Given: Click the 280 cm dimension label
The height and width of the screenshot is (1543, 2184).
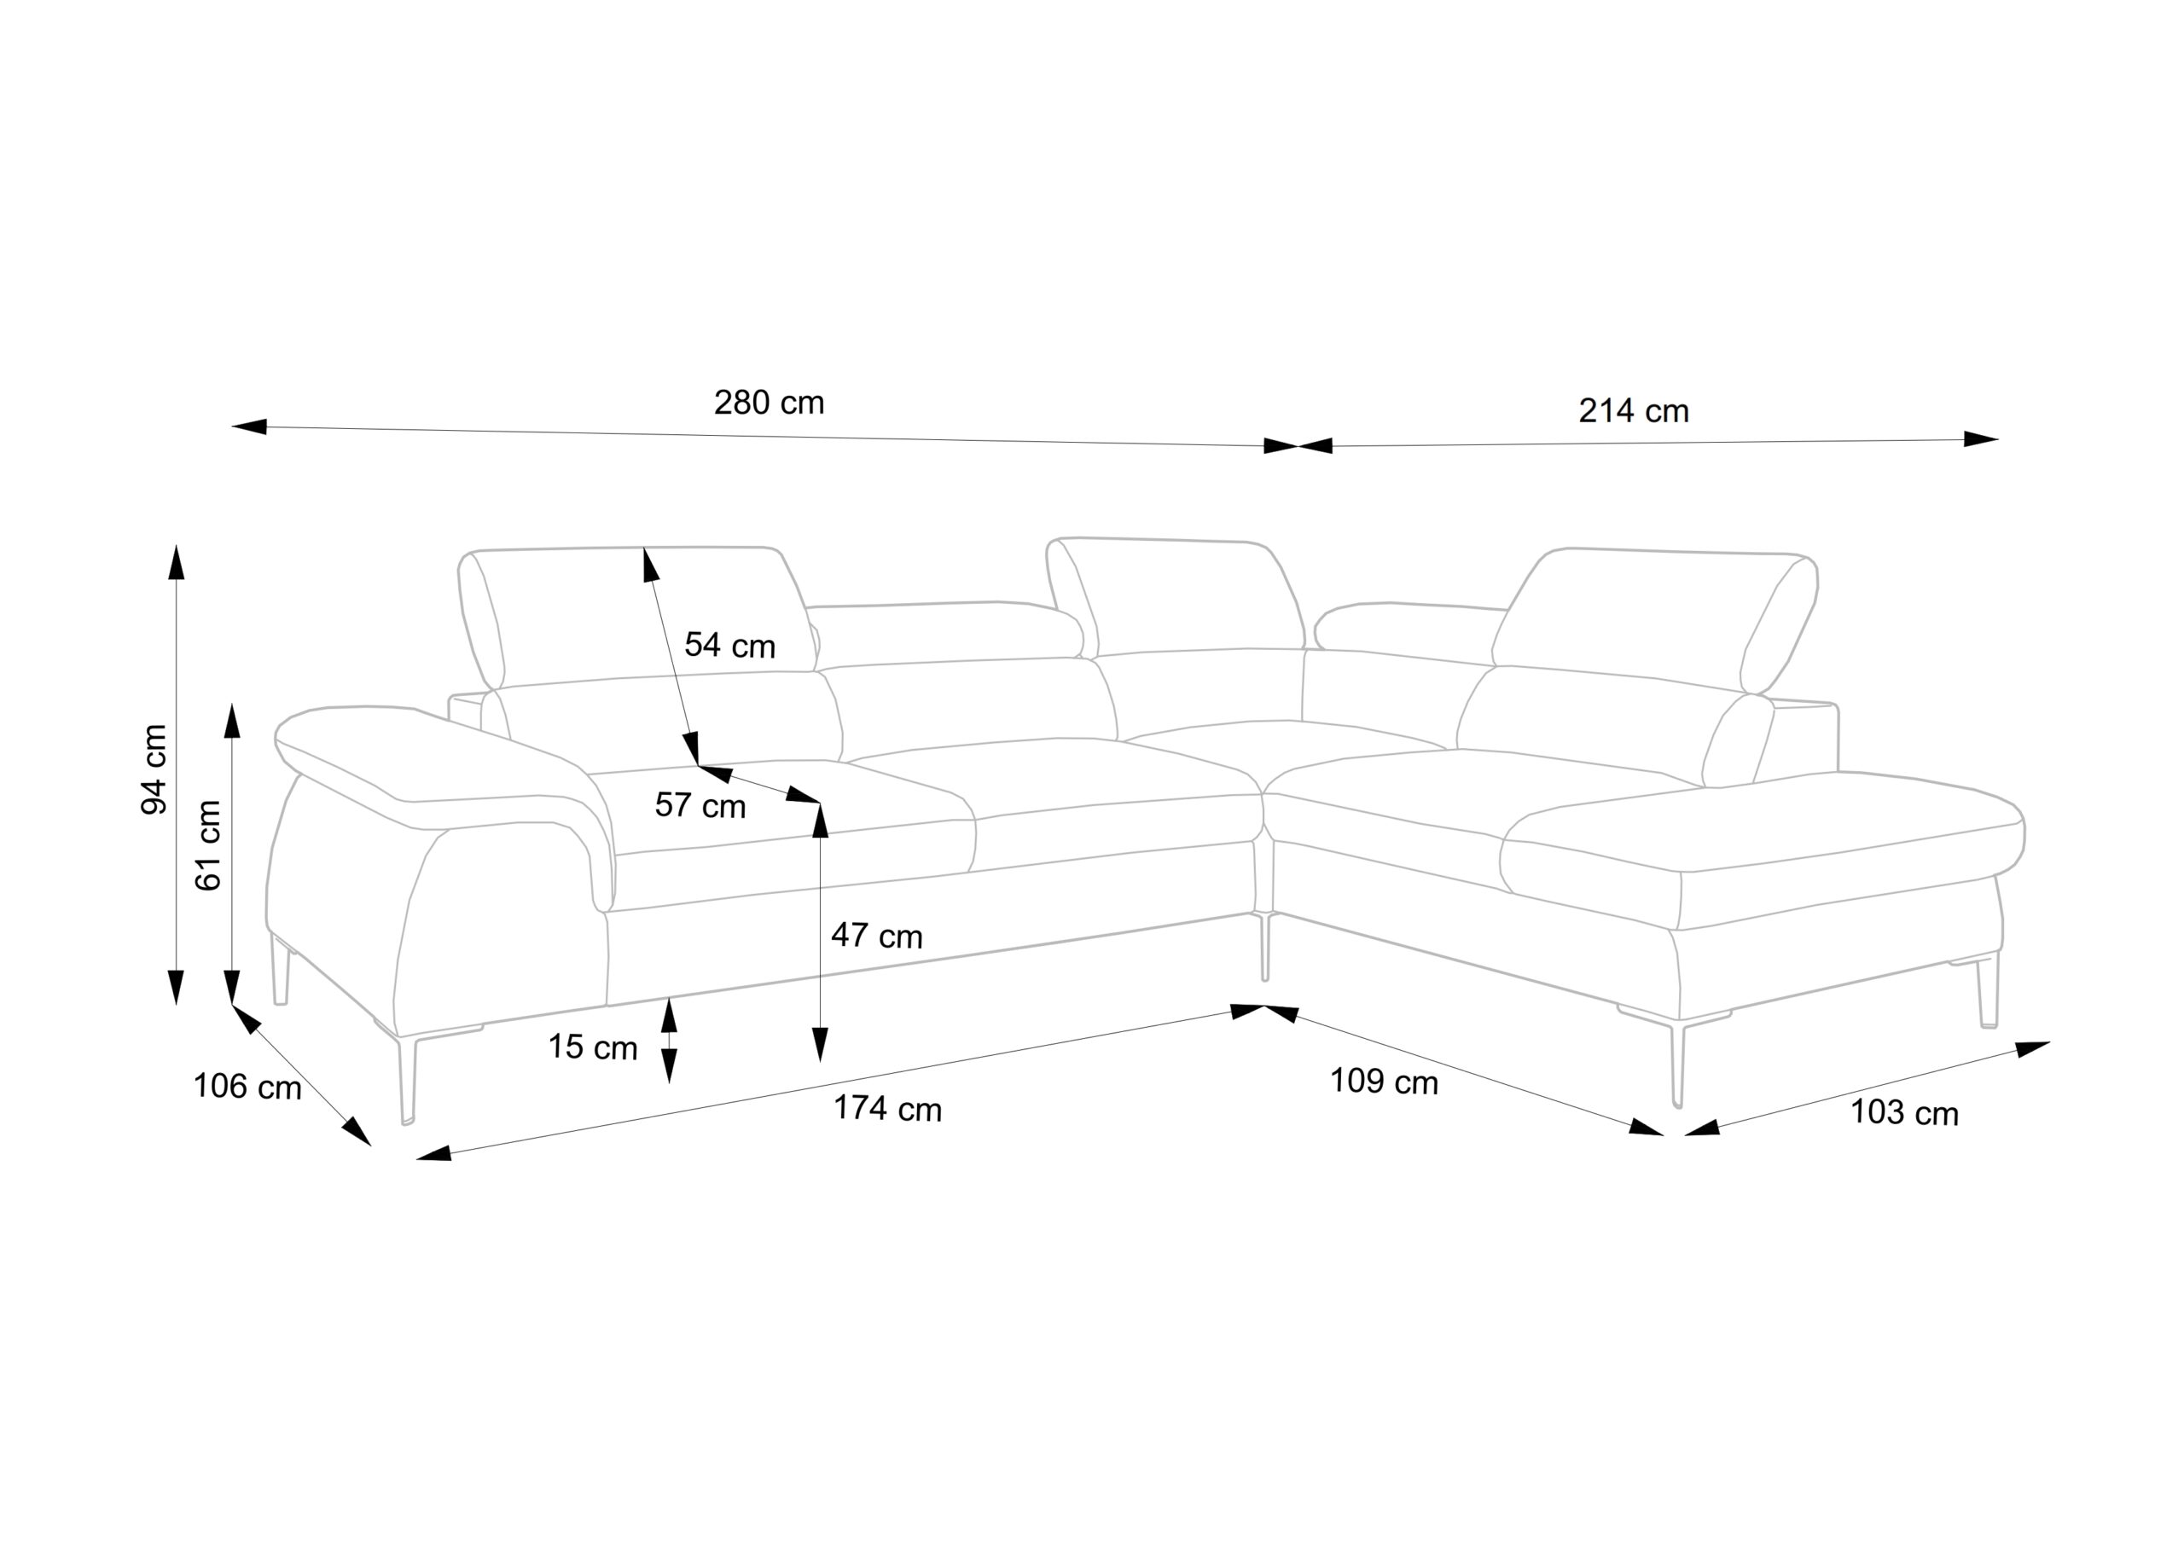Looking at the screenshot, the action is (x=769, y=403).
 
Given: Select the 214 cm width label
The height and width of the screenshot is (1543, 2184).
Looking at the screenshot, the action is (x=1633, y=411).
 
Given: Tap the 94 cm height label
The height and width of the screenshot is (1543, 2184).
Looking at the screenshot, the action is (x=154, y=769).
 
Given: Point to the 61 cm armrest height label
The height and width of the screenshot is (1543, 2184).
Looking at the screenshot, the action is (x=208, y=844).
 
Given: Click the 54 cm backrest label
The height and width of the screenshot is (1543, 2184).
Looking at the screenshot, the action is (x=729, y=645).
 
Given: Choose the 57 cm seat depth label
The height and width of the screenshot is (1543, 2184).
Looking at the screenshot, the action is (x=700, y=806).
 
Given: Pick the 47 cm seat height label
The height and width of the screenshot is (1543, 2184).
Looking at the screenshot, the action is (x=876, y=936).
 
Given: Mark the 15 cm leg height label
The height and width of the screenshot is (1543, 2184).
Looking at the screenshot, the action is (x=593, y=1047).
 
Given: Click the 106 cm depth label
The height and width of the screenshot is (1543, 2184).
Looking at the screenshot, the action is (x=247, y=1087).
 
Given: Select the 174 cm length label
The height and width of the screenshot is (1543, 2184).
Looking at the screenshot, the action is (x=887, y=1109).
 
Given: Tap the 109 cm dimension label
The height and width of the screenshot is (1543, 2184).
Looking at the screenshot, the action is (x=1383, y=1082).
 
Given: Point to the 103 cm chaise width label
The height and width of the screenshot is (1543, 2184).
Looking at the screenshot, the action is (x=1904, y=1113).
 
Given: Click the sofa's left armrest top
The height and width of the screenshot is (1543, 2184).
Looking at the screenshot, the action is (x=428, y=761).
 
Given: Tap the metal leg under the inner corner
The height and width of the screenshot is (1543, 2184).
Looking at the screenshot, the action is (x=1264, y=947).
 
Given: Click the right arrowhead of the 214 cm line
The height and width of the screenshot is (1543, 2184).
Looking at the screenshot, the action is (x=1980, y=438).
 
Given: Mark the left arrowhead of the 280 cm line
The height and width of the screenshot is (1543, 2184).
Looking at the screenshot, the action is (x=249, y=427).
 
